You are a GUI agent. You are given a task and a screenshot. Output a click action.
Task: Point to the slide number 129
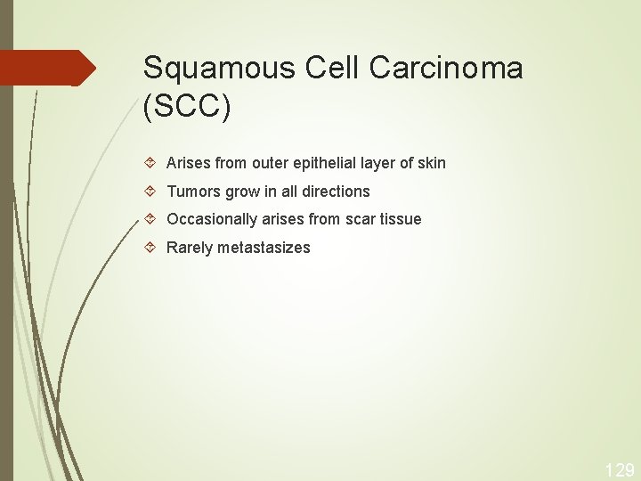pos(620,469)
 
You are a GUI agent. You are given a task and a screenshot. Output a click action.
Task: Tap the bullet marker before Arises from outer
pos(150,163)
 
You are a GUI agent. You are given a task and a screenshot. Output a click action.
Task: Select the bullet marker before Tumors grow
pos(150,192)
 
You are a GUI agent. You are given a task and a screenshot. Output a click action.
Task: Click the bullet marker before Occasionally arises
pos(150,219)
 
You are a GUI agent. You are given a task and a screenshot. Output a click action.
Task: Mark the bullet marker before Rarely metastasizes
pos(150,248)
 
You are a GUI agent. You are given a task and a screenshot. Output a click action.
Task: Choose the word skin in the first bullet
pos(431,163)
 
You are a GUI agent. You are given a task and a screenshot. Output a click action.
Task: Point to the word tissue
pos(401,219)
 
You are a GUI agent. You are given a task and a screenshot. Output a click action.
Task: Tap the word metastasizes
pos(264,248)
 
